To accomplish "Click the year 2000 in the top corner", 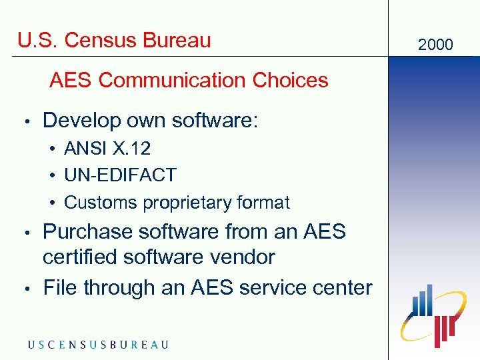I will pos(435,45).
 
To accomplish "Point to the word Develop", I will pos(75,121).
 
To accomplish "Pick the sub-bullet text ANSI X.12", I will pos(107,148).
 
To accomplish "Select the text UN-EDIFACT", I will pos(120,175).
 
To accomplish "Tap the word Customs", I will pos(94,203).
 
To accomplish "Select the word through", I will pos(116,288).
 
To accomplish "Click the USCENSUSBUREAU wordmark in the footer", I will pos(98,345).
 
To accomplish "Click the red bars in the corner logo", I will pos(443,329).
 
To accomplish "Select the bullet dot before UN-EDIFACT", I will pos(51,176).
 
